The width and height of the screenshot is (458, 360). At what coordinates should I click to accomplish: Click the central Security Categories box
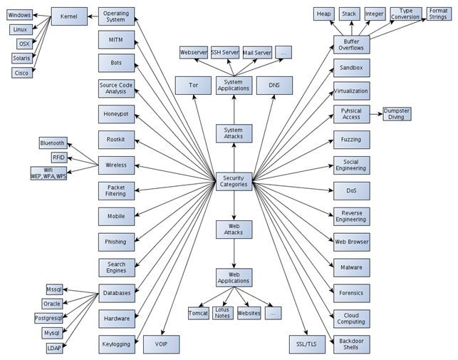[234, 180]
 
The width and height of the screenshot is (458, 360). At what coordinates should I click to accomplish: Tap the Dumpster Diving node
[397, 114]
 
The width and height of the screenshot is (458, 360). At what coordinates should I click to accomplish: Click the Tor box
[193, 86]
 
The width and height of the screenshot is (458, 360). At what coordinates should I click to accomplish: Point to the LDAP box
[55, 347]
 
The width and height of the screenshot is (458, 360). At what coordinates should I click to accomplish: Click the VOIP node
[161, 344]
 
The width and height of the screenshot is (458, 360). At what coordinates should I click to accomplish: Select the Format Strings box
[438, 14]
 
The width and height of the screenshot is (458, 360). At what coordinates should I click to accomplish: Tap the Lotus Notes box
[223, 313]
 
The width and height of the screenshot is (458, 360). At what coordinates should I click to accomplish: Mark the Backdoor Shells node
[351, 344]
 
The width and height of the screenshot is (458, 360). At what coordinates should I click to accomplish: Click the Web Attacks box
[234, 229]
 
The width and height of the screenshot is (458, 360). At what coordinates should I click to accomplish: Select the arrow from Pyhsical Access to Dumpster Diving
[374, 114]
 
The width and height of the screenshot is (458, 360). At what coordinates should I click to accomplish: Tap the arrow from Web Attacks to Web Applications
[234, 253]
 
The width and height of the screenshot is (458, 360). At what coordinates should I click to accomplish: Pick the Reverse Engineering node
[351, 217]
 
